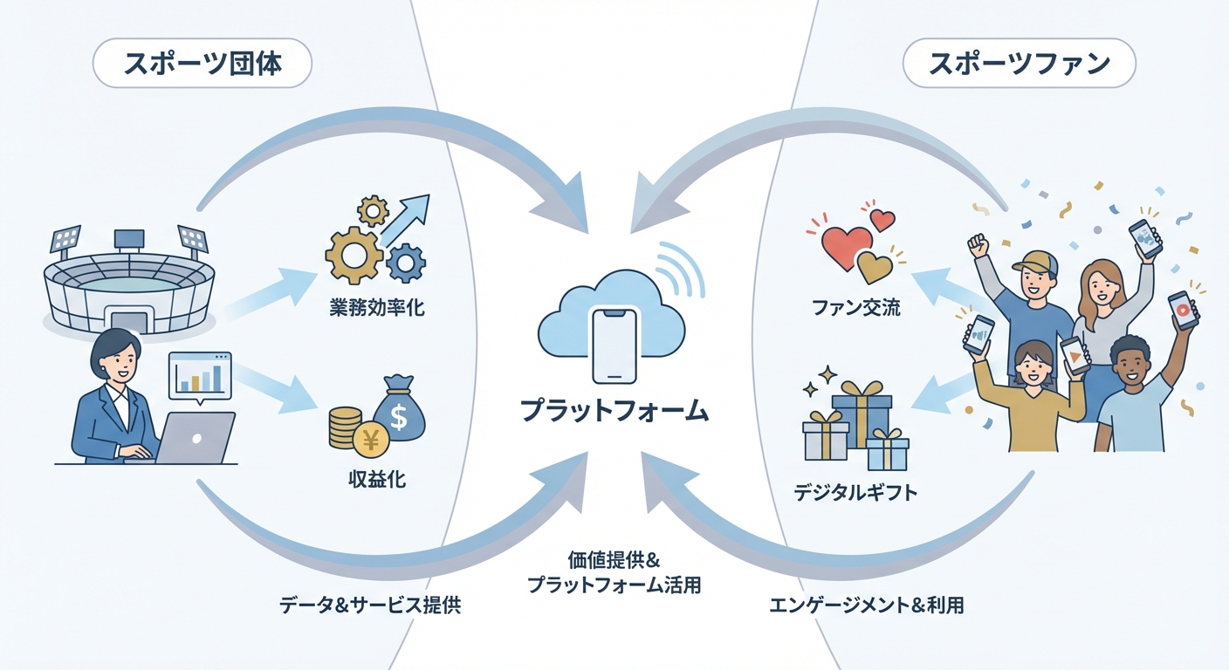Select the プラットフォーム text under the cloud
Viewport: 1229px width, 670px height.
(614, 410)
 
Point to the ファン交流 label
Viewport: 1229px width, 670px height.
(855, 308)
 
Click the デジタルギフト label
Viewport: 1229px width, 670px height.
(855, 494)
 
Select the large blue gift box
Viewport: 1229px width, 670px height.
(861, 414)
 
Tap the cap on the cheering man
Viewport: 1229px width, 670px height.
(1035, 261)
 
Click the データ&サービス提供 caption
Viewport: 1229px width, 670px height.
(370, 605)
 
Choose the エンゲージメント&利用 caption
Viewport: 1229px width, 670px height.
(866, 605)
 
